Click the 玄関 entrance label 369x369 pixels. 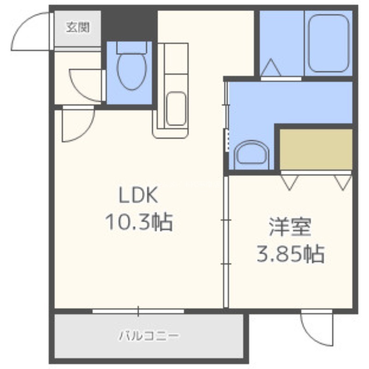click(x=77, y=27)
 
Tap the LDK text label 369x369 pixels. click(x=138, y=195)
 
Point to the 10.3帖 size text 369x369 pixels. click(x=139, y=222)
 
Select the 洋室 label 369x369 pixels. click(x=291, y=227)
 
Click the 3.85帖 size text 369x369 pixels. click(x=291, y=254)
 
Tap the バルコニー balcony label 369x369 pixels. click(x=149, y=336)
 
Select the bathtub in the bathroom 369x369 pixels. click(x=328, y=43)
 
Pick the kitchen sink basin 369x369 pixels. click(x=176, y=108)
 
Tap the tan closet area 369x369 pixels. click(x=316, y=149)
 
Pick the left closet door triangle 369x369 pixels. click(x=290, y=182)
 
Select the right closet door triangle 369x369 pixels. click(x=343, y=182)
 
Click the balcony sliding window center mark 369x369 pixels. click(x=138, y=311)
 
